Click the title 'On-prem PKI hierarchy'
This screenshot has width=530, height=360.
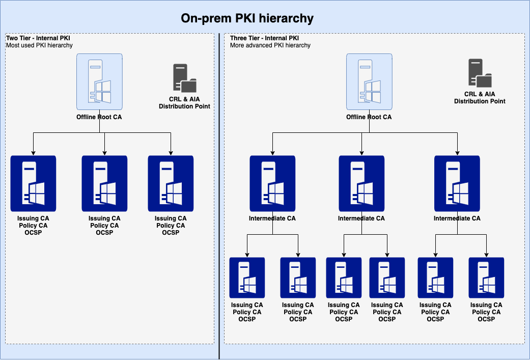(247, 19)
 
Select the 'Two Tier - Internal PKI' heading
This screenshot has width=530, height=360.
(38, 38)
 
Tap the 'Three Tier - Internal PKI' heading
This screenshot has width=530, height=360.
(264, 38)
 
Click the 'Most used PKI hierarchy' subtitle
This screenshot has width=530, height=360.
(39, 45)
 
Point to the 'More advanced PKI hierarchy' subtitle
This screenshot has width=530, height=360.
(270, 45)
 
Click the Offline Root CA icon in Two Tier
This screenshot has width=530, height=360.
(99, 82)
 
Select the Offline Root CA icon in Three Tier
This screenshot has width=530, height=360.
(369, 82)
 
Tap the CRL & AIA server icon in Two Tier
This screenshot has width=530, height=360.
(184, 78)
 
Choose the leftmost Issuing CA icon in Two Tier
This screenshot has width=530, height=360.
(33, 183)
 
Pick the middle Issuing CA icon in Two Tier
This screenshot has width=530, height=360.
(104, 183)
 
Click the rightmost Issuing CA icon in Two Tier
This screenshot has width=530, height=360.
(171, 183)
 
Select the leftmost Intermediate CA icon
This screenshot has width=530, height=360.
(272, 183)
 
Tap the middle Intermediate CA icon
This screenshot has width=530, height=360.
(361, 183)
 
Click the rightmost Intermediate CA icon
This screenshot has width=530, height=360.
(457, 183)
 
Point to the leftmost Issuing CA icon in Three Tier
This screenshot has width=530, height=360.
(247, 278)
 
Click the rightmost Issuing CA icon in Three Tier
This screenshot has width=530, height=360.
(486, 278)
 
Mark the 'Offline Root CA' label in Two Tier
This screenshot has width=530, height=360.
(99, 117)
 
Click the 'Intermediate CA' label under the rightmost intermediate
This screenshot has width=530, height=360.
(457, 218)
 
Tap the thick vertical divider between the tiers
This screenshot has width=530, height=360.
(219, 204)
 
